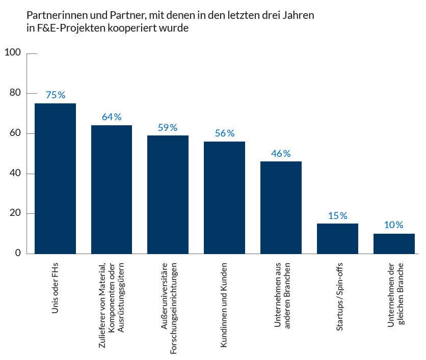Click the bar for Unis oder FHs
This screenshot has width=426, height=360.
(55, 178)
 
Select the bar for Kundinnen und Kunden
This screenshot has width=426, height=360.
(224, 198)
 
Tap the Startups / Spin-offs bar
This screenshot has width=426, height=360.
(337, 238)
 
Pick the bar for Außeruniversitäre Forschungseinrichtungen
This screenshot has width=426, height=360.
(168, 195)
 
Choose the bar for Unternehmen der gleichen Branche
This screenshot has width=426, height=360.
(394, 243)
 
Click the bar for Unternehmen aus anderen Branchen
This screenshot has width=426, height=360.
(281, 207)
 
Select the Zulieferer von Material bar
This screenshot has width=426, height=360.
(112, 189)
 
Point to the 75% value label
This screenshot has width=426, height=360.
(56, 95)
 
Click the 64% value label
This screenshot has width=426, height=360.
(112, 117)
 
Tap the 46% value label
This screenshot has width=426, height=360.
(281, 153)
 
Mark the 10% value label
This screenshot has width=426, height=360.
(393, 225)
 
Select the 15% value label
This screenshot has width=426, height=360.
(337, 216)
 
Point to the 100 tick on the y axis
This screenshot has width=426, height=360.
(13, 52)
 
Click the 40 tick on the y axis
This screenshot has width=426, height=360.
(15, 173)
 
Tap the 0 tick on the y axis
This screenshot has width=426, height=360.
(18, 253)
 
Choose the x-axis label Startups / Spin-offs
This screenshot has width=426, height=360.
(338, 298)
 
